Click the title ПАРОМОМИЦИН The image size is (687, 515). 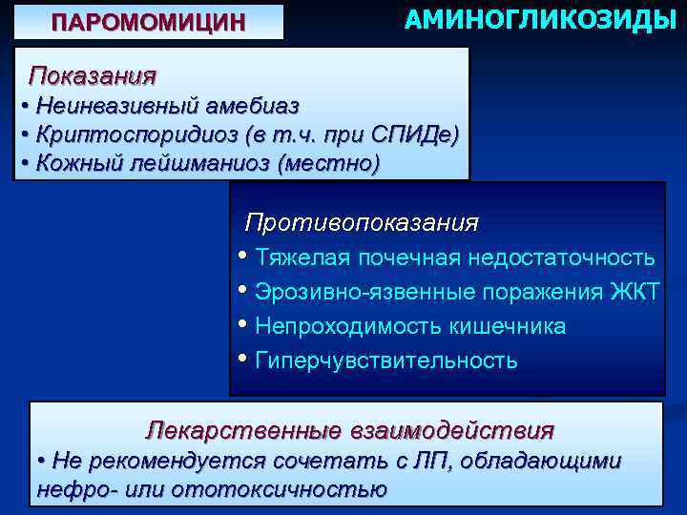(148, 22)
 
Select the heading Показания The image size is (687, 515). (93, 74)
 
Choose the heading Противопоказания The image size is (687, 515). (362, 223)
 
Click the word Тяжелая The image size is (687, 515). (298, 258)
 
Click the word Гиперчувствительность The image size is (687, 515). (386, 360)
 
